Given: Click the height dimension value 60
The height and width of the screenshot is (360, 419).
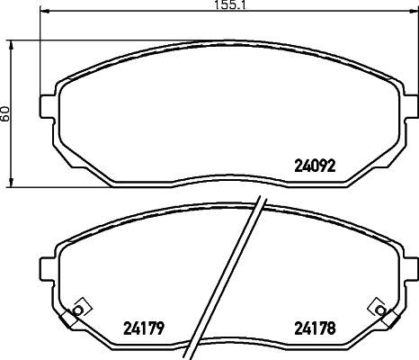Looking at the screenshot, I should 5,113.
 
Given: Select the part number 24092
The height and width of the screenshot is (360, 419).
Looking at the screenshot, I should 315,166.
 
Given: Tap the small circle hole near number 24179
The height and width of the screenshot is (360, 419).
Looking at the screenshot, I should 77,310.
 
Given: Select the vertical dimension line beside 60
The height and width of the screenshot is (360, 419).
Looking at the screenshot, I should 11,113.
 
